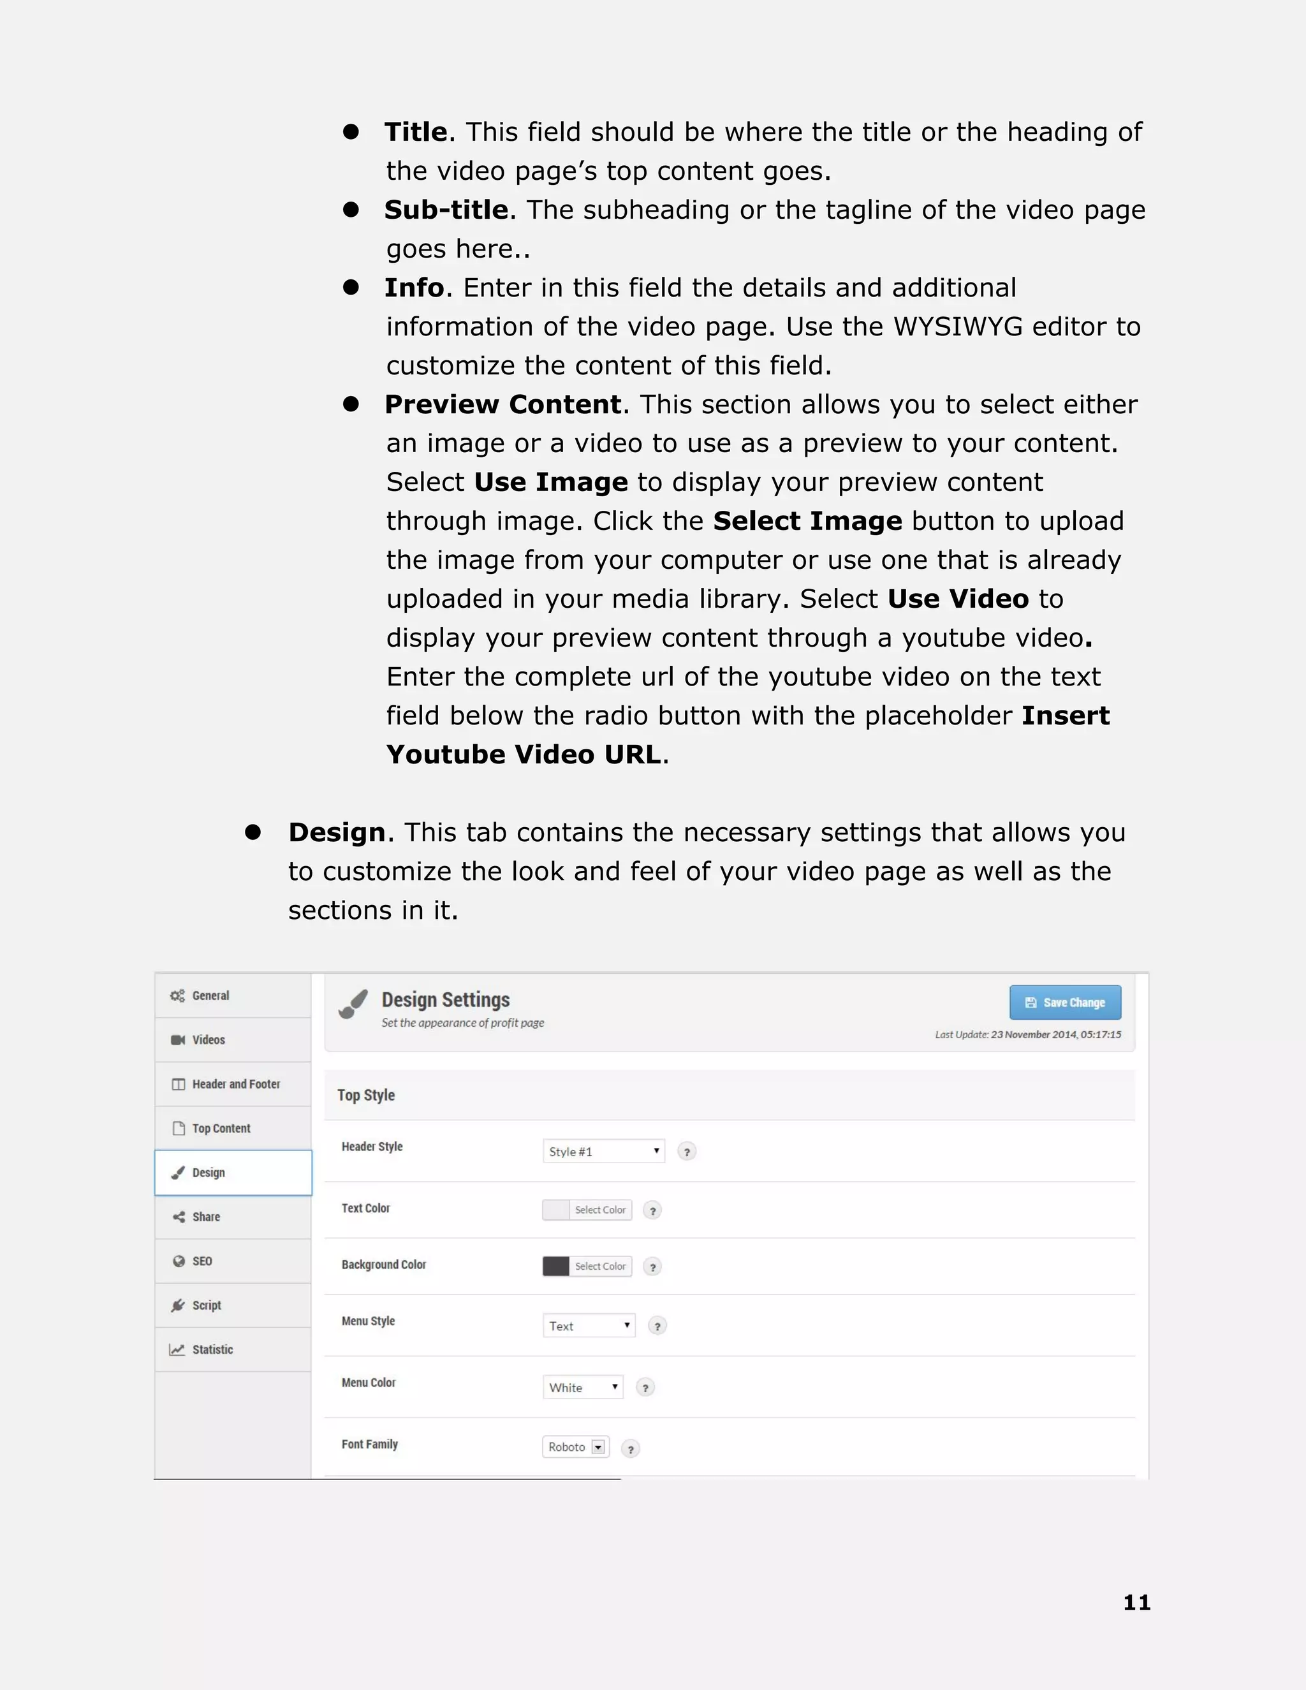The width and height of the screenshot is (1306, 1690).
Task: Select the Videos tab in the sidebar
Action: click(x=208, y=1040)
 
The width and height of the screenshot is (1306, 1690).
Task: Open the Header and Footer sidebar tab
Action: click(x=235, y=1084)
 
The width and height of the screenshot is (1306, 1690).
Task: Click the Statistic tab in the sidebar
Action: click(x=212, y=1349)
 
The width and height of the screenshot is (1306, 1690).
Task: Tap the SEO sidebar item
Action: click(x=202, y=1261)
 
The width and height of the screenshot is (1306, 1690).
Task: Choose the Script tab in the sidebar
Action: click(x=207, y=1305)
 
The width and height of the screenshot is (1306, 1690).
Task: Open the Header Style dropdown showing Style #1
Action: click(x=603, y=1151)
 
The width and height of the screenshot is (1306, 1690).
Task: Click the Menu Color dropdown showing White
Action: click(x=583, y=1388)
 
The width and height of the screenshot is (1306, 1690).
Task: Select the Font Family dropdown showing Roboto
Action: click(x=576, y=1446)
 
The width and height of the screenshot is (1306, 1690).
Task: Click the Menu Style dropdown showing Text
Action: click(x=589, y=1326)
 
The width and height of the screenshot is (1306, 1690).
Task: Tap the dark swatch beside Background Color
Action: click(x=555, y=1266)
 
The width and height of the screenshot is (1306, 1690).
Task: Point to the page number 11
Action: click(x=1136, y=1603)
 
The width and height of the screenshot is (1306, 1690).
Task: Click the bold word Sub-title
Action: click(x=446, y=210)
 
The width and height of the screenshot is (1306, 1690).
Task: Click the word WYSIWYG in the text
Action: click(x=957, y=327)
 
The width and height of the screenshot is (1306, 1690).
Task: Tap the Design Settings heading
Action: click(x=446, y=1000)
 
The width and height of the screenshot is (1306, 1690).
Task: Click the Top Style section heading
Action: click(x=366, y=1095)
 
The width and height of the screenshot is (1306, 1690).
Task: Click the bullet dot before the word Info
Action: click(x=351, y=287)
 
